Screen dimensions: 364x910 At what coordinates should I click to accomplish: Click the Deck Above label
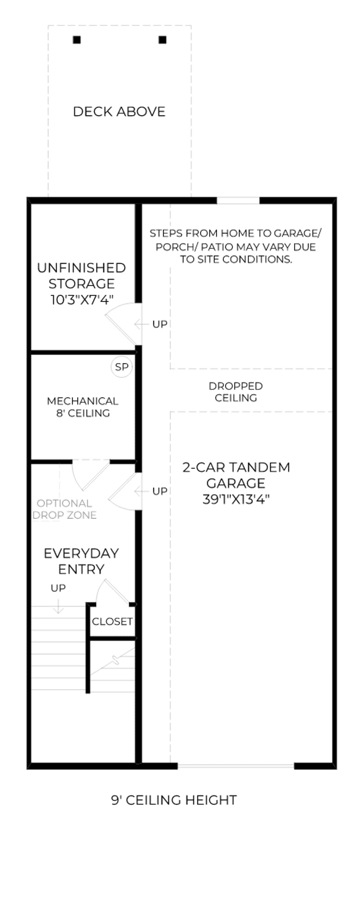(x=119, y=112)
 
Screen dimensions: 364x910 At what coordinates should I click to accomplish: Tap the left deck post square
(x=77, y=40)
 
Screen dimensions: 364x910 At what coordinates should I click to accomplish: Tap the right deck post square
(x=163, y=40)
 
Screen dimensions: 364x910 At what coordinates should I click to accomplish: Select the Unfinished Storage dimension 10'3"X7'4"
(x=82, y=300)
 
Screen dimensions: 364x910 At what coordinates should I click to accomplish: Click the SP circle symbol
(x=121, y=367)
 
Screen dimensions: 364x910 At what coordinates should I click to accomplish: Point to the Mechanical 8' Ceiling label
(x=83, y=407)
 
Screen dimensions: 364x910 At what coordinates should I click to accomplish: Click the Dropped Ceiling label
(x=236, y=392)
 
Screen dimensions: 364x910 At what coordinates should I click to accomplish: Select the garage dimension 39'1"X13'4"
(x=236, y=499)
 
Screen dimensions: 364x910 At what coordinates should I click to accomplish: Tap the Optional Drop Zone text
(x=64, y=509)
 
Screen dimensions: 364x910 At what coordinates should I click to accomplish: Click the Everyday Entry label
(x=81, y=561)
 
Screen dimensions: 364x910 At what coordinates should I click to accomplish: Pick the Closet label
(x=112, y=622)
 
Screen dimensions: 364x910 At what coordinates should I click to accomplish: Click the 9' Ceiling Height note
(x=174, y=800)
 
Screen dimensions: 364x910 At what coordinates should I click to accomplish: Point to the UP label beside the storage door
(x=160, y=324)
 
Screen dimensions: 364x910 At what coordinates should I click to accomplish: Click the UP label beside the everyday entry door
(x=160, y=491)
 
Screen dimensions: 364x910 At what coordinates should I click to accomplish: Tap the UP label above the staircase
(x=58, y=588)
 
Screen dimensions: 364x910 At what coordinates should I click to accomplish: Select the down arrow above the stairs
(x=58, y=606)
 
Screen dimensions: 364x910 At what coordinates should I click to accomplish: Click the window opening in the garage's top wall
(x=238, y=201)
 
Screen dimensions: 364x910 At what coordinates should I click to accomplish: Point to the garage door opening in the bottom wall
(x=236, y=766)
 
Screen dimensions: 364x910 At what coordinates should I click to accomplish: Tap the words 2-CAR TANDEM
(x=236, y=468)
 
